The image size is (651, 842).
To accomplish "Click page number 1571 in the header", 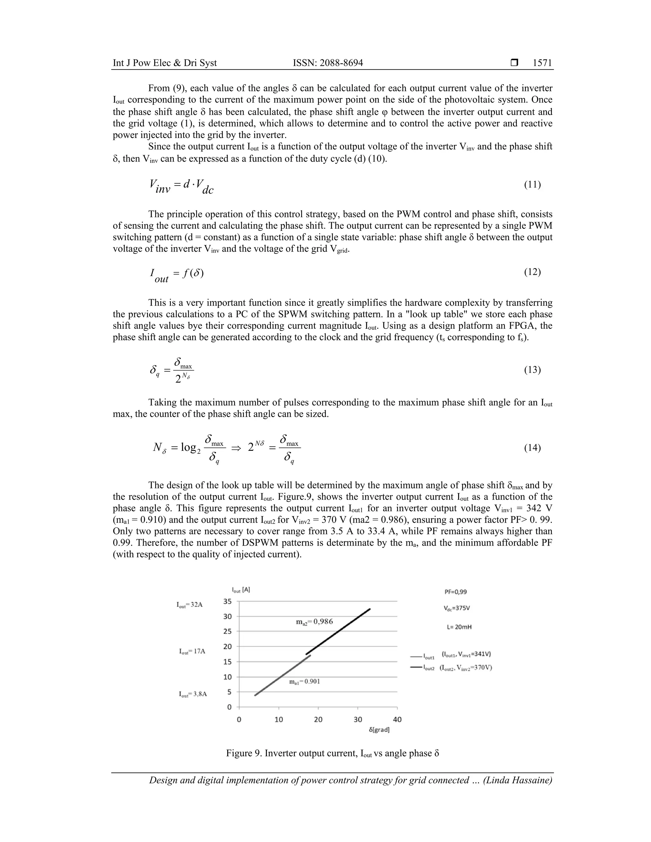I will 542,63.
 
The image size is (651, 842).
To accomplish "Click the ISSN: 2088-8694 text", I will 328,63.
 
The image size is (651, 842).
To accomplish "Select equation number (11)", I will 532,184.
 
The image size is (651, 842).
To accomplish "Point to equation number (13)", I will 532,370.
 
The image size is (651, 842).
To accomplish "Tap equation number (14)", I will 532,448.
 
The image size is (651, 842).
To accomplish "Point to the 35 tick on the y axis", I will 228,601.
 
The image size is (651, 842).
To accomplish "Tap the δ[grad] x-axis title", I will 379,730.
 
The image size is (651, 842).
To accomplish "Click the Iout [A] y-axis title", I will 241,590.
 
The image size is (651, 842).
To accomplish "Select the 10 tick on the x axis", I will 279,719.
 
